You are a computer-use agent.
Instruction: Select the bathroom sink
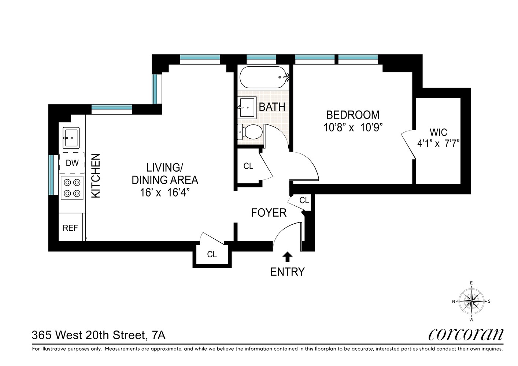(247, 107)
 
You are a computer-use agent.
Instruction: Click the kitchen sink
(71, 138)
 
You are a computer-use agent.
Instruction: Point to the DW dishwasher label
(72, 163)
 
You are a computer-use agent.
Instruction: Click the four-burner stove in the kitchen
(72, 188)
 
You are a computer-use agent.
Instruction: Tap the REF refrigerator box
(70, 228)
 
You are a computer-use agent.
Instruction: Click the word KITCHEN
(96, 176)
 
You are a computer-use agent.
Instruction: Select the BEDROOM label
(353, 115)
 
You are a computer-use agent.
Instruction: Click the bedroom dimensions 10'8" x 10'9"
(353, 128)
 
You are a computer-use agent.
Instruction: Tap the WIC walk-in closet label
(438, 132)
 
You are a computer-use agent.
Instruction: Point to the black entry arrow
(288, 257)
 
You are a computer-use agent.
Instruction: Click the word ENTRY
(287, 272)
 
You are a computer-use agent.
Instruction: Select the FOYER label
(269, 213)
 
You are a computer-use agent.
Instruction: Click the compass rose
(471, 302)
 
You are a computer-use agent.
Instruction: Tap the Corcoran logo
(466, 334)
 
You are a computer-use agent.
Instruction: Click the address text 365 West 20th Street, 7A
(99, 335)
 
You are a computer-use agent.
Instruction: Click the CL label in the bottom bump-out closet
(212, 254)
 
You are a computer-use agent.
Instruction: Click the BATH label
(272, 107)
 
